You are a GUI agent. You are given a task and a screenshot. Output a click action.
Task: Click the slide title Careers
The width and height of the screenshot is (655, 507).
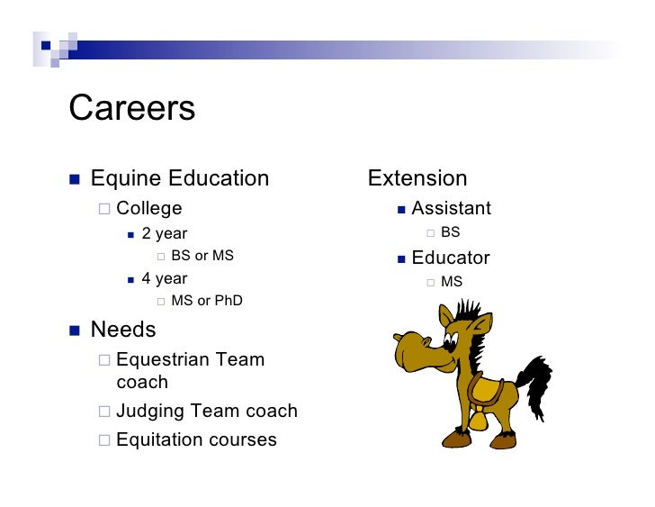point(131,109)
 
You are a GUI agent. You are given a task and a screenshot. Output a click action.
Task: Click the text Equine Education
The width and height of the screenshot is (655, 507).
point(179,178)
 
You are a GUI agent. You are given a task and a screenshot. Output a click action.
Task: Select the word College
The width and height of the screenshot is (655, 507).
point(148,209)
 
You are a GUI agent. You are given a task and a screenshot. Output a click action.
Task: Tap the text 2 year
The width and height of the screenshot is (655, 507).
point(165,234)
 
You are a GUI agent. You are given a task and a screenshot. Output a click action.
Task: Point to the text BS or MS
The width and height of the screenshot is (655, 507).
point(202,256)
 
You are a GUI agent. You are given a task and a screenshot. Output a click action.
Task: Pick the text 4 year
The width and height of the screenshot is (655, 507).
point(165,278)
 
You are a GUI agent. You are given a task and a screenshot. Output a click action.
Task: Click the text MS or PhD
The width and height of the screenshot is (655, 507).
point(206,301)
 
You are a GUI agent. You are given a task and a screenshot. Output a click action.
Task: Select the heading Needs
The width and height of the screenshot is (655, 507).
point(123,330)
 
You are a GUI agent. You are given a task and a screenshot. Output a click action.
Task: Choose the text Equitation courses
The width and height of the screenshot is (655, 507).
point(196,439)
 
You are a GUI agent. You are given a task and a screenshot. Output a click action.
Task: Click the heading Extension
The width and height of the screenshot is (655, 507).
point(417,178)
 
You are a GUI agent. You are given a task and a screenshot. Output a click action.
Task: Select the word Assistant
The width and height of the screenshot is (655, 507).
point(451,209)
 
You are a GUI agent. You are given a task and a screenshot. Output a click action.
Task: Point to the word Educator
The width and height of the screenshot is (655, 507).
point(451,258)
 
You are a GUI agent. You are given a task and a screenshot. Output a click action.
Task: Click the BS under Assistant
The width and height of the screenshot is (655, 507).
point(450,233)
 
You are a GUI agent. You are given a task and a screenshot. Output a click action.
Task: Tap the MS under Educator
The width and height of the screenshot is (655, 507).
point(452,282)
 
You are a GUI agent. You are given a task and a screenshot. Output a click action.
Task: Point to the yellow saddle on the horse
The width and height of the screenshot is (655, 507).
point(486,390)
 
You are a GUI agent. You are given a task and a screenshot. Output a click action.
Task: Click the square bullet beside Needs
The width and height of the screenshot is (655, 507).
point(76,330)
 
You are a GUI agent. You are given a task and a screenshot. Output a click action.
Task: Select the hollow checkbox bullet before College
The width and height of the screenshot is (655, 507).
point(104,210)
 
